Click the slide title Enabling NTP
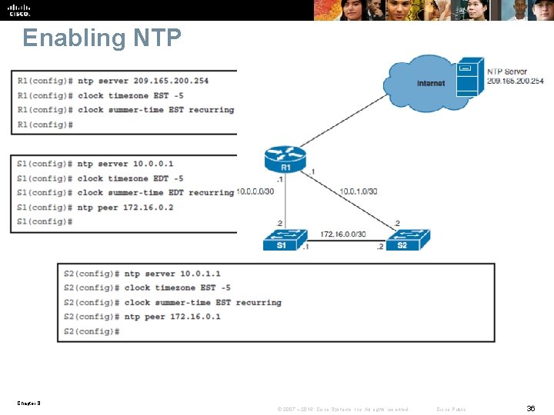[102, 38]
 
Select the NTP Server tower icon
[469, 77]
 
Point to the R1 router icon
[285, 160]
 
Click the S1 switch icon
[285, 241]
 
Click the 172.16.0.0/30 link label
[343, 234]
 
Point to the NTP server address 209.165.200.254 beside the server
[515, 81]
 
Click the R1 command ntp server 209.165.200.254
[143, 81]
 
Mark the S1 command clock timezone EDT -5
[119, 178]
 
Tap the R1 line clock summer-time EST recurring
[155, 110]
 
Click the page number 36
[530, 410]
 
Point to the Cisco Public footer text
[451, 410]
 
